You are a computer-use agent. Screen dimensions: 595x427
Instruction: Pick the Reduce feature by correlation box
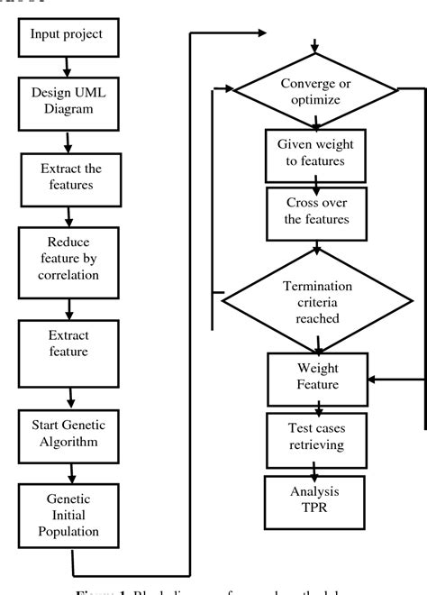click(x=66, y=257)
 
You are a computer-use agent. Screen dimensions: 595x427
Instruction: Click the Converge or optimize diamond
click(x=314, y=89)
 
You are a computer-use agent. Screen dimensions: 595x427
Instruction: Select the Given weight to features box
click(x=314, y=154)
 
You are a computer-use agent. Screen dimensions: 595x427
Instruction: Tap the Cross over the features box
click(x=314, y=213)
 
